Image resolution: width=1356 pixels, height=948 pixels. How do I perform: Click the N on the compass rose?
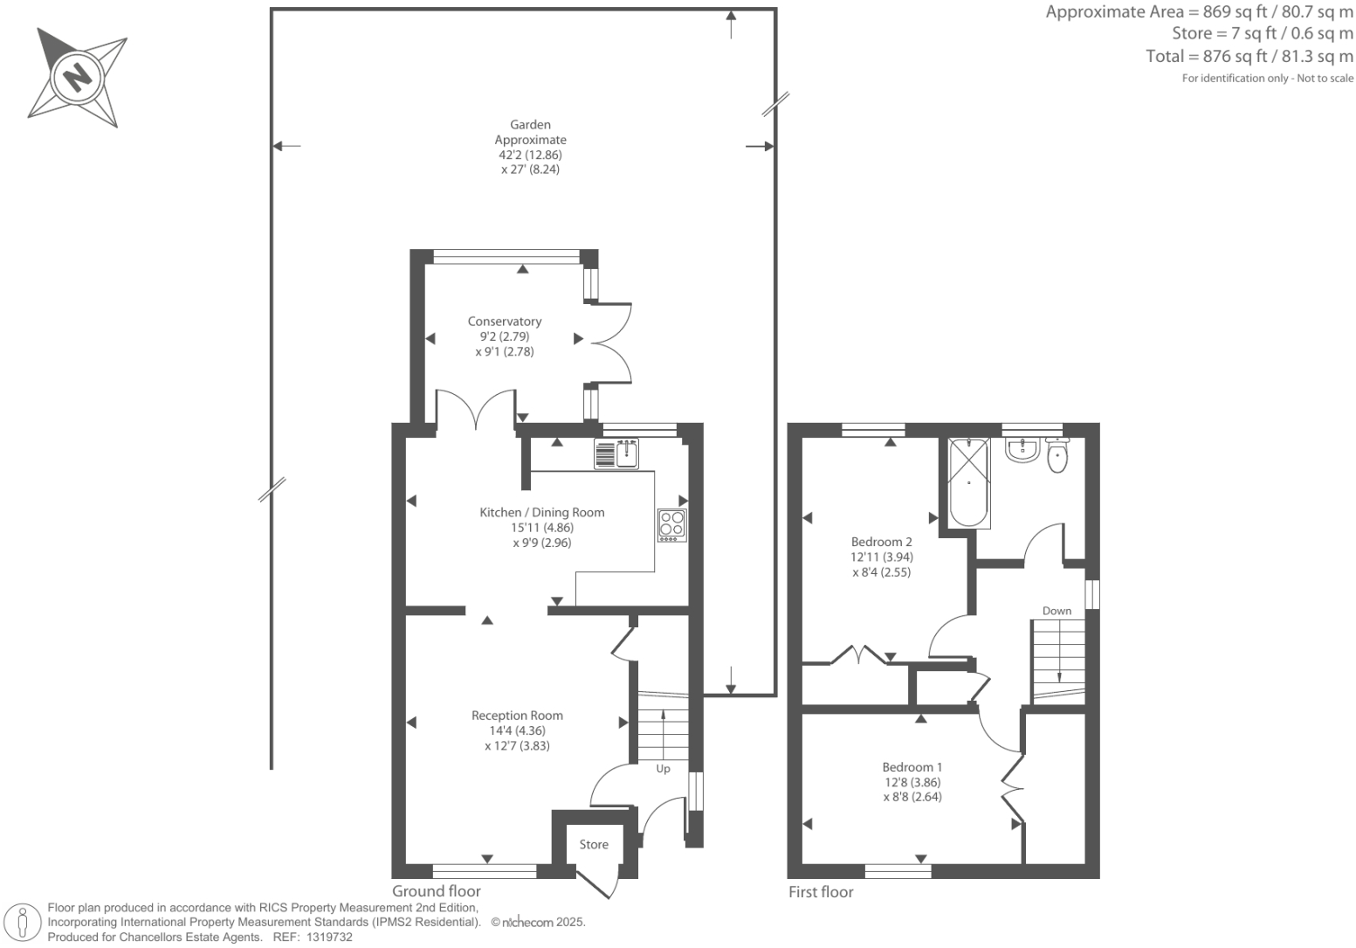point(77,76)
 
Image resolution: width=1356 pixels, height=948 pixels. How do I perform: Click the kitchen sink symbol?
point(616,453)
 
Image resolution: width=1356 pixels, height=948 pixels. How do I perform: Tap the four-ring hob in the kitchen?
point(671,524)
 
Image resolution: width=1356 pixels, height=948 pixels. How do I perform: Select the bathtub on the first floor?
point(969,483)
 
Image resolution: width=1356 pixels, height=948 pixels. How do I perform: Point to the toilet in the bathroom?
point(1057,456)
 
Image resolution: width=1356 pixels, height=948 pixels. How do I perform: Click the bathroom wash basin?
point(1021,450)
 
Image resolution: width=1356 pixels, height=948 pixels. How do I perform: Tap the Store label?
point(594,844)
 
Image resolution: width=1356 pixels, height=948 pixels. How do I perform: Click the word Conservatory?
point(505,322)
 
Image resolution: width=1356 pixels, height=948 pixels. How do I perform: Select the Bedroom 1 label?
point(912,767)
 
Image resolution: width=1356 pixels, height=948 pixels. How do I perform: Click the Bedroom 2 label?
point(882,542)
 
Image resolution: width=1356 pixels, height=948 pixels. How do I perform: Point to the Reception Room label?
point(517,715)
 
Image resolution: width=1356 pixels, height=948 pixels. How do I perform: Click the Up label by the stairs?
point(663,769)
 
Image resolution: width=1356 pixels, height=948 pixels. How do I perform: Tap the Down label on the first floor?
point(1057,611)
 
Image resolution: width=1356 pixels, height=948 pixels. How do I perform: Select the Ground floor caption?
point(437,891)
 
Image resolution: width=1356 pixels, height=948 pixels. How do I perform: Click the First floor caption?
point(821,892)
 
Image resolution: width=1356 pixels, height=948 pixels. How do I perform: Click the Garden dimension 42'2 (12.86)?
point(530,155)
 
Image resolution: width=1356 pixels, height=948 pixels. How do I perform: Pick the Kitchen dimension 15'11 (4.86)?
point(541,528)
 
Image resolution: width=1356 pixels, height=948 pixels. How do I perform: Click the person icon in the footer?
point(23,923)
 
